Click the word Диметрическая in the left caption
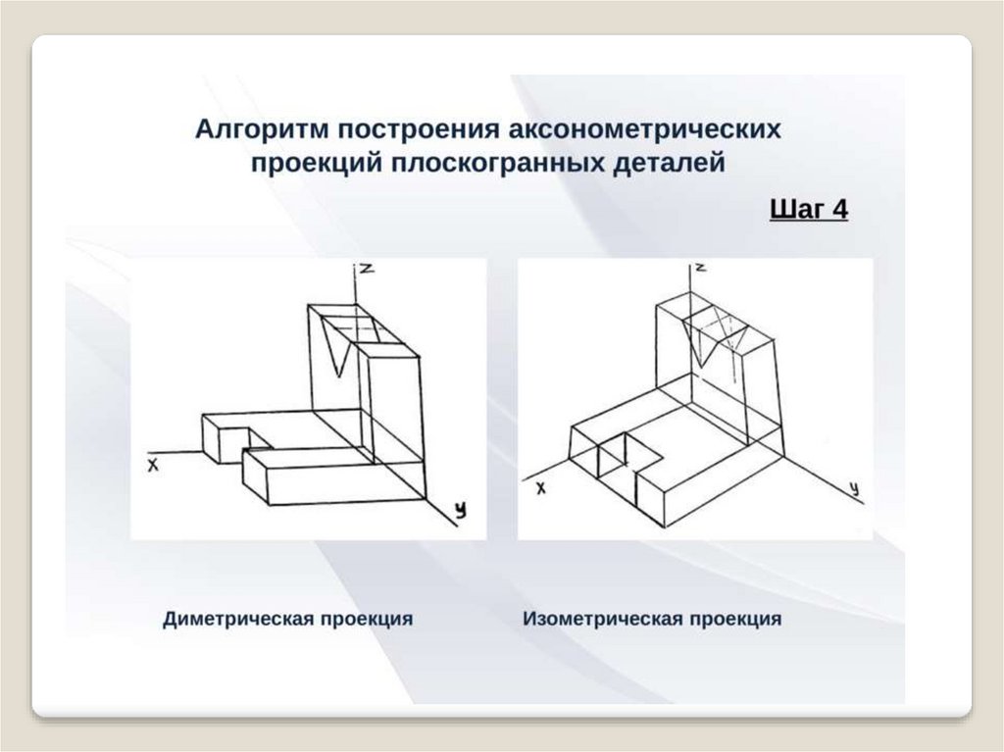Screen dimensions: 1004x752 (x=235, y=619)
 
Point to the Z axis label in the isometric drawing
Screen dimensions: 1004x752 (x=703, y=267)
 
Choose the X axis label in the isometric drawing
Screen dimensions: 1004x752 (x=539, y=487)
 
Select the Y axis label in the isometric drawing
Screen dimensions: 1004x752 (x=855, y=487)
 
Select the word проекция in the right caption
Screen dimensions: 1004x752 (x=735, y=619)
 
